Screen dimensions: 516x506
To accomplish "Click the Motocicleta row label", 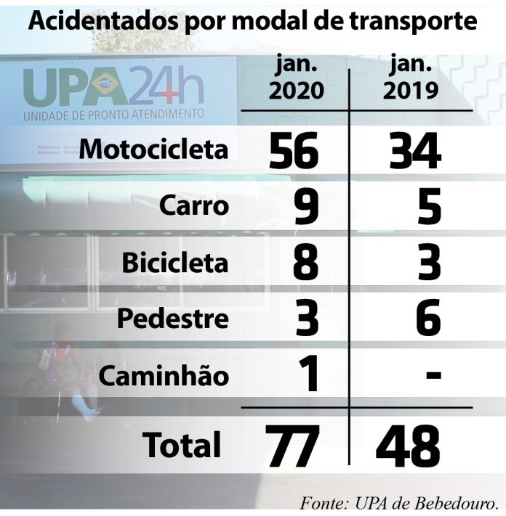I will tap(153, 150).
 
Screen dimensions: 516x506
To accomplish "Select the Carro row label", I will tap(194, 207).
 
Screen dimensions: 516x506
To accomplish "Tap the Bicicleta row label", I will tap(174, 263).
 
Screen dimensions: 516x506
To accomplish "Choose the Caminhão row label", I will tap(164, 376).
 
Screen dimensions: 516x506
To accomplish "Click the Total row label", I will tap(182, 444).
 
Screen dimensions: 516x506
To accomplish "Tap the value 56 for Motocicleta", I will tap(294, 151).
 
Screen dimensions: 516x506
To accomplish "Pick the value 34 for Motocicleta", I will tap(411, 151).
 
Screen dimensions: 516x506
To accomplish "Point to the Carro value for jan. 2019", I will tap(429, 208).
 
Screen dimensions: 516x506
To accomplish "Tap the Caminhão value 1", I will tap(308, 376).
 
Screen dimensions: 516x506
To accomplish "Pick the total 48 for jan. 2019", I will tap(409, 446).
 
